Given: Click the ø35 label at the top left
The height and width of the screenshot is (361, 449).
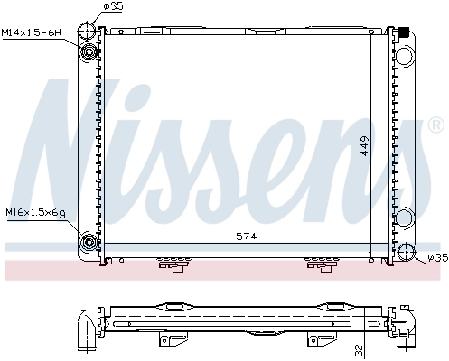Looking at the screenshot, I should pyautogui.click(x=113, y=6).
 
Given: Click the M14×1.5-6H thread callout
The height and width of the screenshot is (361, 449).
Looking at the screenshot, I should pyautogui.click(x=31, y=33).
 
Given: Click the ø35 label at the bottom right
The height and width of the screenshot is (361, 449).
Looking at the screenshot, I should pyautogui.click(x=436, y=258).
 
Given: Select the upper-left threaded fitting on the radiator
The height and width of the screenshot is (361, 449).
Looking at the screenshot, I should pyautogui.click(x=90, y=51).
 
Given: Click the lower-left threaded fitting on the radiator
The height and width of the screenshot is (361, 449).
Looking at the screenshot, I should pyautogui.click(x=90, y=242).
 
